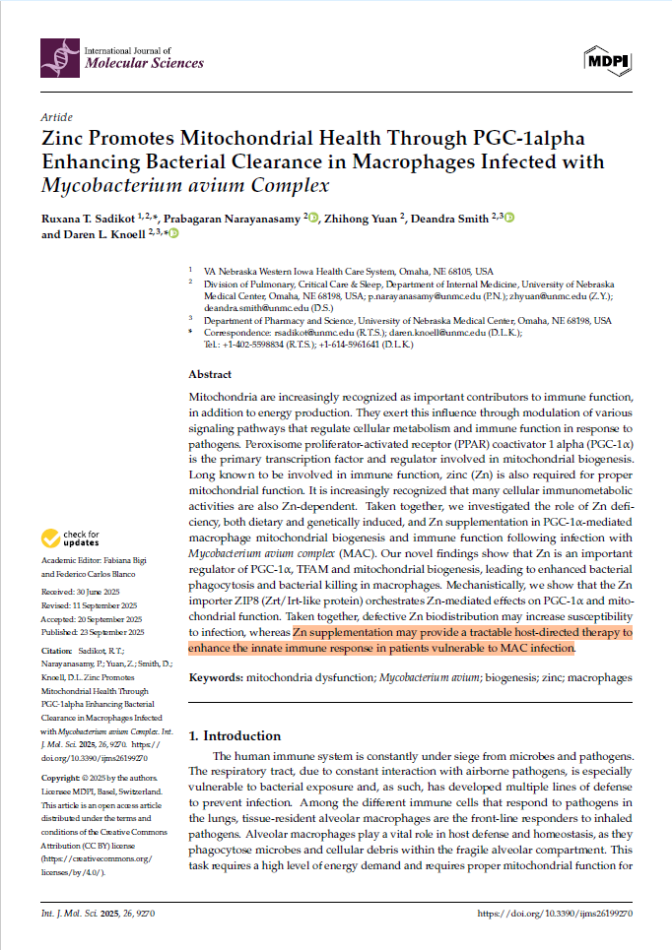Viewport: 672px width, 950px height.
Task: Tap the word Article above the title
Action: [x=57, y=116]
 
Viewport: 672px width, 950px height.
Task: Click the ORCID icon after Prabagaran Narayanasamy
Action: [x=313, y=218]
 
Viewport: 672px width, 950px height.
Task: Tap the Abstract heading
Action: [x=210, y=375]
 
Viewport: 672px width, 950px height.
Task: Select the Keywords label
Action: [x=217, y=678]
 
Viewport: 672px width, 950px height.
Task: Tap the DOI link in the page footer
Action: [x=554, y=914]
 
